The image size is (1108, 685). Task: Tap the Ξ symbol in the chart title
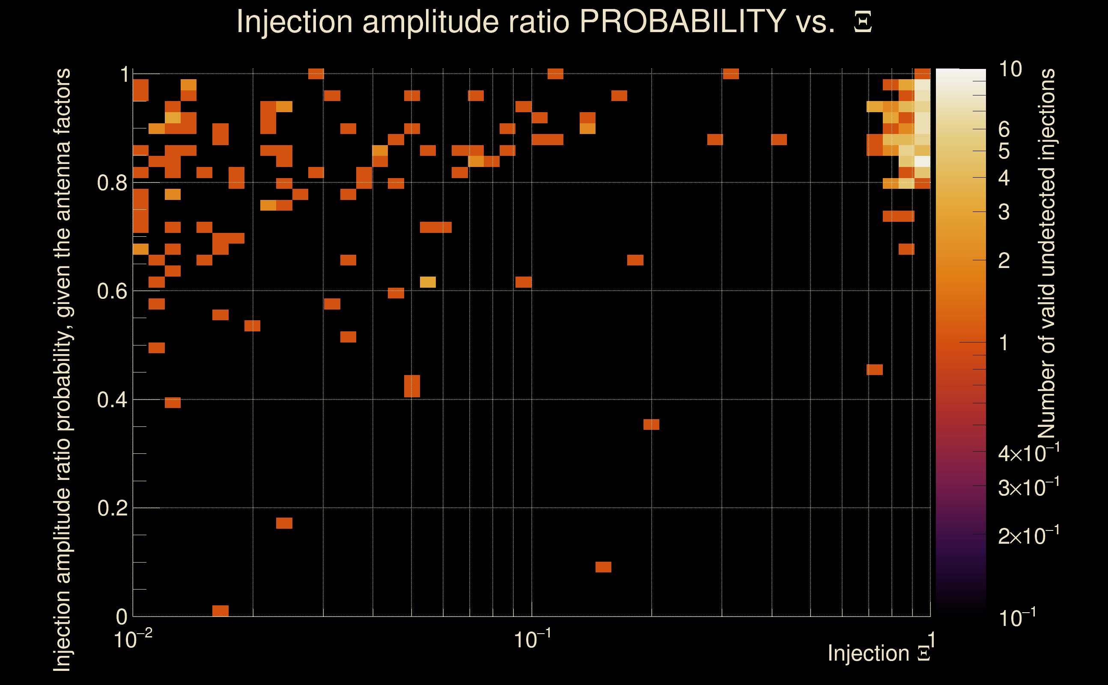tap(863, 22)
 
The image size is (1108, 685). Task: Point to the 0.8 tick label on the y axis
tap(112, 183)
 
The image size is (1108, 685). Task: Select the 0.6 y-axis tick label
tap(112, 291)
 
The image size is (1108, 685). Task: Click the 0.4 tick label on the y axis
tap(112, 400)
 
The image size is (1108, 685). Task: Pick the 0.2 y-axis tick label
tap(112, 508)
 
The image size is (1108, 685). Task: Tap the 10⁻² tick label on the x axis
tap(133, 639)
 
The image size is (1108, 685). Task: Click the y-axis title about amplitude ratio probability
tap(62, 369)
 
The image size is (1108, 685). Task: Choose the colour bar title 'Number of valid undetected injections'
tap(1046, 254)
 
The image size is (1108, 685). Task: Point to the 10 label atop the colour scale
tap(1010, 69)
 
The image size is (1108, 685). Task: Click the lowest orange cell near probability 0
tap(220, 611)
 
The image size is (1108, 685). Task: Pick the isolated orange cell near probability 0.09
tap(603, 567)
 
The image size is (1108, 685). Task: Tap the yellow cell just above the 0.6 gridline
tap(428, 282)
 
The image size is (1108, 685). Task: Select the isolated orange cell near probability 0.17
tap(284, 523)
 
